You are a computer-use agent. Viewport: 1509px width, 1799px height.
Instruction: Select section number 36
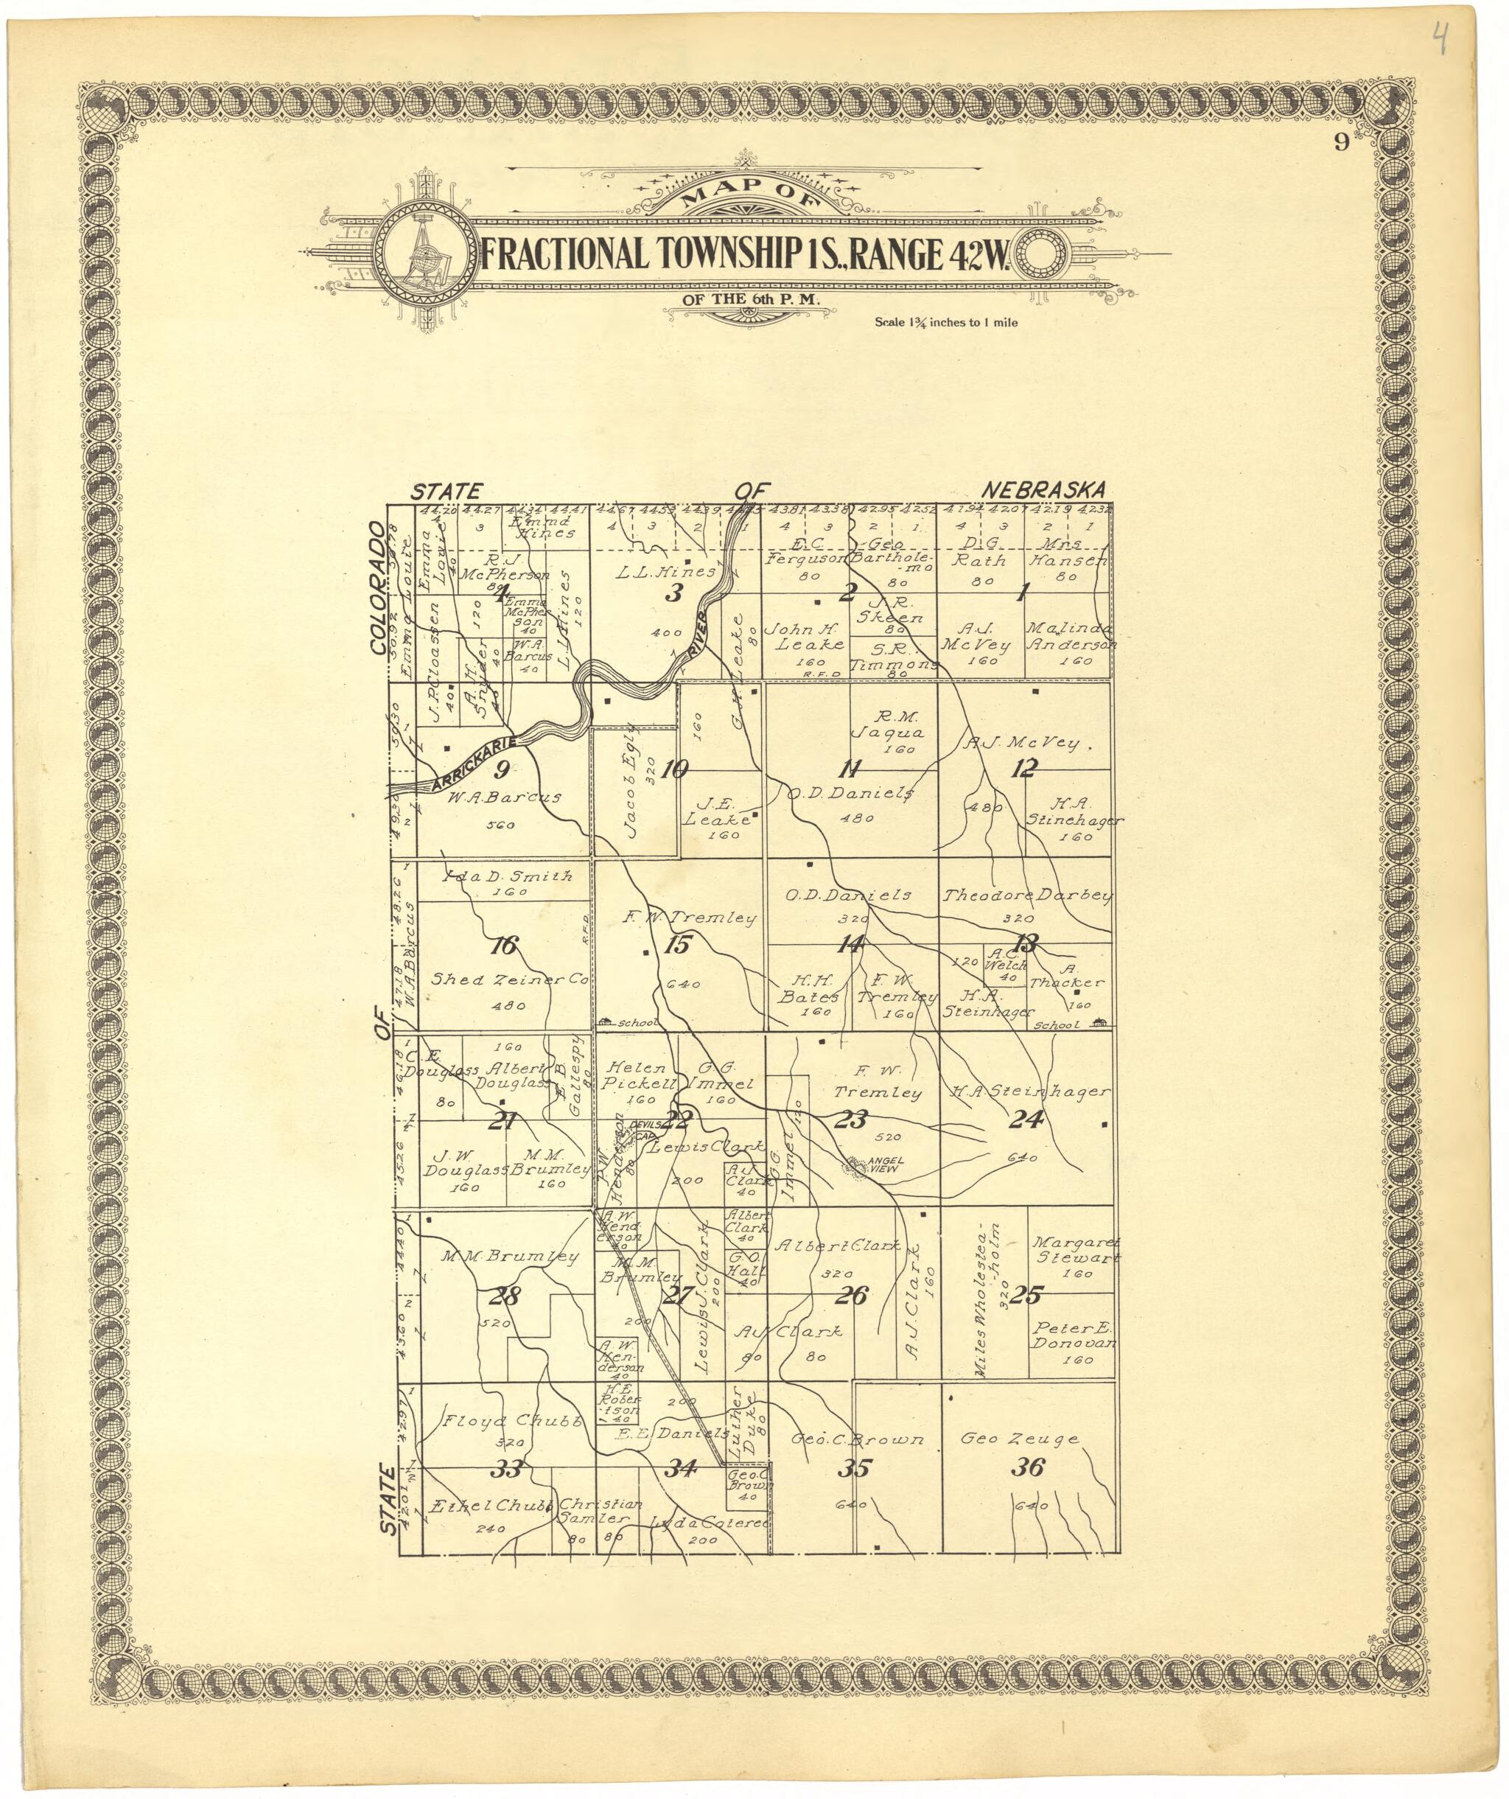click(1027, 1468)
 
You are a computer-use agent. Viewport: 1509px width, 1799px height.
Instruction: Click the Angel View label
click(869, 1165)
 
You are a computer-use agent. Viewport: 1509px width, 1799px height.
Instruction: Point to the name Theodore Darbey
click(1027, 897)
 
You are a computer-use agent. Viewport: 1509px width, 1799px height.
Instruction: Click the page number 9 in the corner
click(1340, 143)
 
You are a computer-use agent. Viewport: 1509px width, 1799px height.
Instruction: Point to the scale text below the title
click(945, 324)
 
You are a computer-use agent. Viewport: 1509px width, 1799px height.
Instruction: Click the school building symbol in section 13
click(1099, 1023)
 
